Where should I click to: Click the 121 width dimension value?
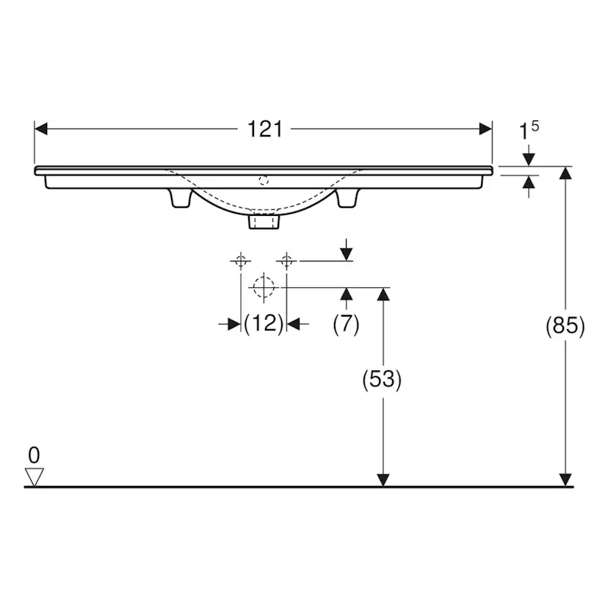[265, 129]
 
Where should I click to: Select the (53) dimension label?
[382, 379]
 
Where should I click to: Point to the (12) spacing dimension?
[264, 323]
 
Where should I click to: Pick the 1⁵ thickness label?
[529, 130]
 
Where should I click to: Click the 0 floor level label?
[34, 455]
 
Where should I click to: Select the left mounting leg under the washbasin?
[181, 198]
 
